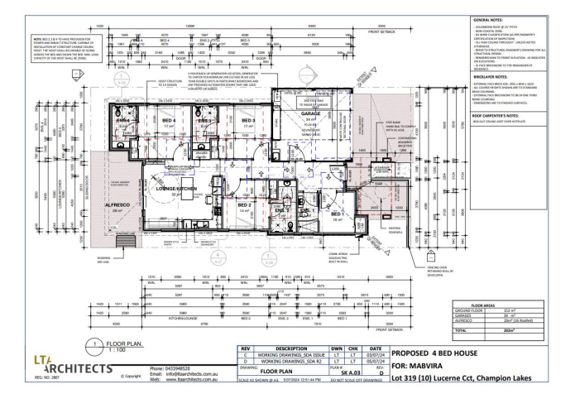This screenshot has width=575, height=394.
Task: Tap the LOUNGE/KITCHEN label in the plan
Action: pos(175,190)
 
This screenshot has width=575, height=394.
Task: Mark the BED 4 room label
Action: pos(166,121)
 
